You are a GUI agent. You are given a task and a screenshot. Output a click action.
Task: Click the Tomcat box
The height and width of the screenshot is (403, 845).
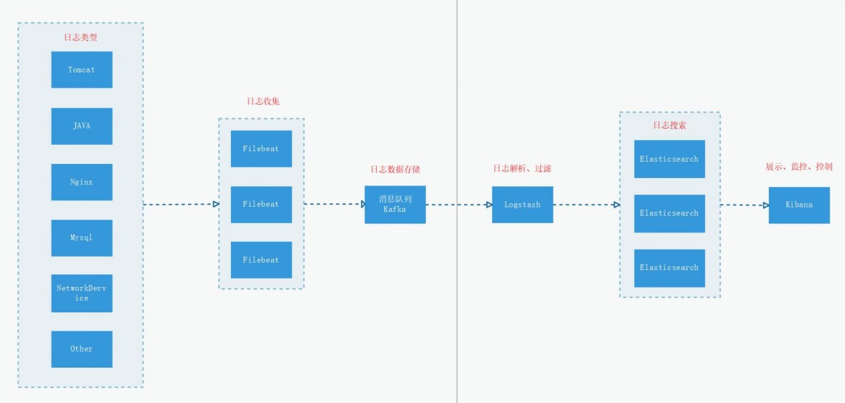tap(82, 70)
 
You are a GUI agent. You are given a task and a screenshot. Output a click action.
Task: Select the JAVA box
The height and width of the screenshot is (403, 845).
tap(82, 126)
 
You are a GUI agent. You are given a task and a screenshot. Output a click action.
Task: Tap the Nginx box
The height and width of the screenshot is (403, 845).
tap(82, 182)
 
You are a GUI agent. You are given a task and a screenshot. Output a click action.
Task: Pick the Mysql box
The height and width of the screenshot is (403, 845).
tap(82, 238)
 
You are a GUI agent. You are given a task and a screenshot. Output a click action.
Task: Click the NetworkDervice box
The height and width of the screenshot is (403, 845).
tap(82, 293)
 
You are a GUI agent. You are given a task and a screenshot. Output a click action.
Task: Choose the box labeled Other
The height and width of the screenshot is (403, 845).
tap(82, 349)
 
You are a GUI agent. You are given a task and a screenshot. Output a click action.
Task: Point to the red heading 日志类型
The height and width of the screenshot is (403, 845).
tap(80, 37)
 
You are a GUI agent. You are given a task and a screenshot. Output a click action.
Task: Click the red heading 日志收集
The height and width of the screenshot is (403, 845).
tap(263, 101)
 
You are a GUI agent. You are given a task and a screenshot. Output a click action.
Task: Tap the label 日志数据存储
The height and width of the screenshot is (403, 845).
tap(395, 169)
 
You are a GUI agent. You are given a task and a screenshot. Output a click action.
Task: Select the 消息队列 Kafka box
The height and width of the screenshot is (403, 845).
tap(395, 205)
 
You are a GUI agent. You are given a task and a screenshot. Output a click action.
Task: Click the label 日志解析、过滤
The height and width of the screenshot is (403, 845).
tap(522, 168)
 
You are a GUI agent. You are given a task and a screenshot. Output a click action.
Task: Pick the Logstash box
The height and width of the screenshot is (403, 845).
tap(522, 205)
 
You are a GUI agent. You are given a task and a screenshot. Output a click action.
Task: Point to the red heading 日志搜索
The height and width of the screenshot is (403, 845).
tap(670, 125)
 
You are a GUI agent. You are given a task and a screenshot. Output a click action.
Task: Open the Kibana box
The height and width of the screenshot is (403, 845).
tap(799, 205)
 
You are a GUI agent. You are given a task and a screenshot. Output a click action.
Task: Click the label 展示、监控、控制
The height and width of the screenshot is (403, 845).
tap(799, 167)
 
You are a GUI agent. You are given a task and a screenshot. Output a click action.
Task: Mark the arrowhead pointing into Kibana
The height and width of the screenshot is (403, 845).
tap(766, 205)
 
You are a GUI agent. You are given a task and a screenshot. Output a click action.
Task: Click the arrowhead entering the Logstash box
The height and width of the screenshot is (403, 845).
tap(489, 205)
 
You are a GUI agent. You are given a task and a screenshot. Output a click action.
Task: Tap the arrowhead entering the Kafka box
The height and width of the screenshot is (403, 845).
tap(363, 204)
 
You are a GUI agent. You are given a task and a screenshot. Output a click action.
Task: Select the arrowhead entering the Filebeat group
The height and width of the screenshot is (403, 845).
tap(216, 204)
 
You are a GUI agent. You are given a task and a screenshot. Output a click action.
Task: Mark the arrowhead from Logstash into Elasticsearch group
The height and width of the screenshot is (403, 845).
tap(617, 205)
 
